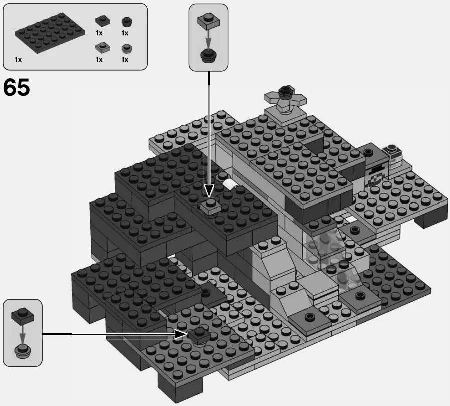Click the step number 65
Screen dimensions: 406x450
pyautogui.click(x=17, y=88)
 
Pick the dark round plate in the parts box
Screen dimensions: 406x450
pyautogui.click(x=126, y=22)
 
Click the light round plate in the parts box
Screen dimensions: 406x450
pyautogui.click(x=126, y=48)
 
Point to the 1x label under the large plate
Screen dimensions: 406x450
pyautogui.click(x=18, y=60)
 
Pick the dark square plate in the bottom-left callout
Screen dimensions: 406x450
pyautogui.click(x=22, y=315)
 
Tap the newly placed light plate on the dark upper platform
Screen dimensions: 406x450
pyautogui.click(x=212, y=205)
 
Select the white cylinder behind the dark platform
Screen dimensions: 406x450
pyautogui.click(x=232, y=185)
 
